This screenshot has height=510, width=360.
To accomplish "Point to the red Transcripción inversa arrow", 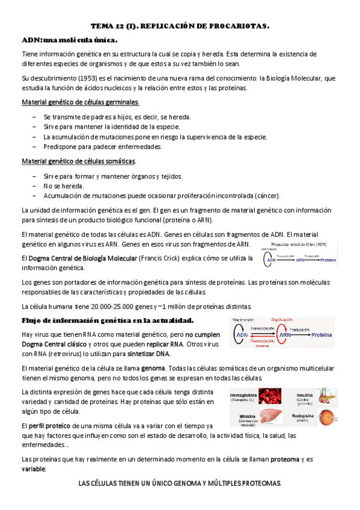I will click(x=261, y=342).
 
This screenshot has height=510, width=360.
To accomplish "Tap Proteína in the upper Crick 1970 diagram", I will click(x=344, y=260).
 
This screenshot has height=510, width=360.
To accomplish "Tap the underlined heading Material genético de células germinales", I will click(x=81, y=102).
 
